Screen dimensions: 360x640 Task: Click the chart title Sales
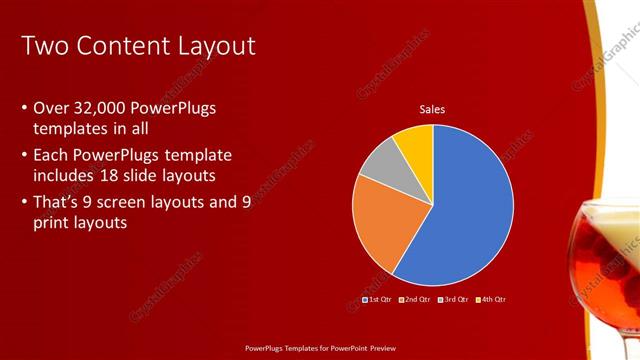(432, 109)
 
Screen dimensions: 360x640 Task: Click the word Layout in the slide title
(214, 46)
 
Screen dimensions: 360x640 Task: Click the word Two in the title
(45, 46)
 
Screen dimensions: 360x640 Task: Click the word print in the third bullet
(54, 223)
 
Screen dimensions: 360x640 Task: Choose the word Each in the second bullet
(52, 155)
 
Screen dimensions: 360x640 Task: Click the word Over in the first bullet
(52, 107)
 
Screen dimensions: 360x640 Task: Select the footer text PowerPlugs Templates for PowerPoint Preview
(319, 348)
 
